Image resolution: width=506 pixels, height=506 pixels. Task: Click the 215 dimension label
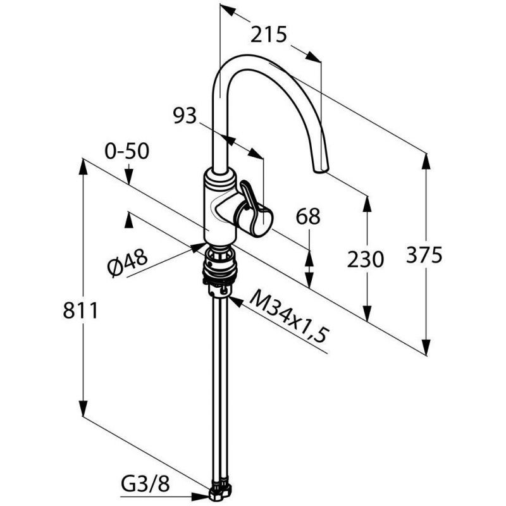click(x=269, y=35)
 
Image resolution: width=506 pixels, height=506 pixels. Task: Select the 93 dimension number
click(x=185, y=116)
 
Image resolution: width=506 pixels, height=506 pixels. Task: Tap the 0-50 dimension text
click(x=127, y=151)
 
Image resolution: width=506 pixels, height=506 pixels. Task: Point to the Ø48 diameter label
click(x=128, y=263)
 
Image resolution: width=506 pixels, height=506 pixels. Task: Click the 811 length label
click(x=80, y=311)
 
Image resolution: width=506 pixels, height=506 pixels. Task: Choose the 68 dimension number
click(x=308, y=216)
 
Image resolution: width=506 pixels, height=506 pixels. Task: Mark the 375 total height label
click(x=424, y=255)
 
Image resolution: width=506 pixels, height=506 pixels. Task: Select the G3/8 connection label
click(x=145, y=484)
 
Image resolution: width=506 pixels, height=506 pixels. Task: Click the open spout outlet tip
click(x=321, y=170)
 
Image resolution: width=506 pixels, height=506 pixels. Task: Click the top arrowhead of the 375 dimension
click(x=426, y=161)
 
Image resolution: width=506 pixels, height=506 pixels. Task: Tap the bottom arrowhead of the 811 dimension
click(x=83, y=407)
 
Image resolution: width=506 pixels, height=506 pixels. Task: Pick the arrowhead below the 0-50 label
click(x=129, y=176)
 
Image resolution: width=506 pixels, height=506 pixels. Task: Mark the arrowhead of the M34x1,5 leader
click(x=235, y=302)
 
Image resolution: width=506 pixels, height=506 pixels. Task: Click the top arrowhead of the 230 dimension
click(x=367, y=204)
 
